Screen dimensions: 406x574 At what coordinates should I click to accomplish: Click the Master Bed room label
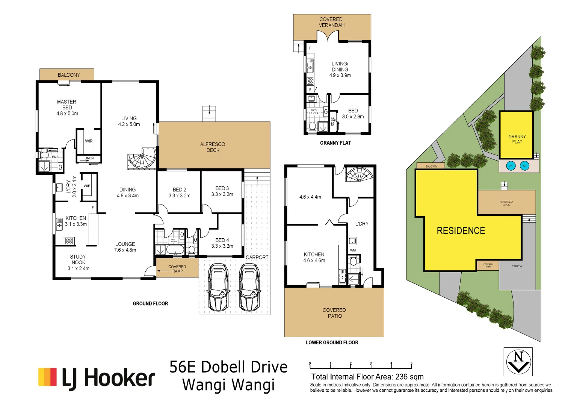pos(67,105)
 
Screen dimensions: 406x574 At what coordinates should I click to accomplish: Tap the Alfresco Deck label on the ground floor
pos(213,147)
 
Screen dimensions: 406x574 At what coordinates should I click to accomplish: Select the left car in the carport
pos(218,287)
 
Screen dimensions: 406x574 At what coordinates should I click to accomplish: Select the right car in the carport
pos(249,287)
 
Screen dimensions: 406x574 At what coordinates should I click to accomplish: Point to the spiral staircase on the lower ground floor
pos(359,175)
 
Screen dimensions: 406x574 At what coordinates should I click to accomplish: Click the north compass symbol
pos(518,362)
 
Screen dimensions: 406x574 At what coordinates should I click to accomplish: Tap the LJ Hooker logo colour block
pos(47,377)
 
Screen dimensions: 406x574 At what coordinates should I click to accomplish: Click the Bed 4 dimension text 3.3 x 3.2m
pos(222,246)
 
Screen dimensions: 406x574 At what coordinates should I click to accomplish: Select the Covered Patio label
pos(334,313)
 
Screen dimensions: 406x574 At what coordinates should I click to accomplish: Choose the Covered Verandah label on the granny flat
pos(331,22)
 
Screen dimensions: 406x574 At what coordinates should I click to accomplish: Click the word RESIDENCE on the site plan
pos(461,231)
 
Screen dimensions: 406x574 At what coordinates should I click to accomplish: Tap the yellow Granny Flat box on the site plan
pos(517,135)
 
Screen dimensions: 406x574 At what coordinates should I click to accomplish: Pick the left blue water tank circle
pos(511,166)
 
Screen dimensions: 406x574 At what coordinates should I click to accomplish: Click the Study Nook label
pos(78,259)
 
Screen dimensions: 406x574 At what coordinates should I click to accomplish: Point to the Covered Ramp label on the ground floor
pos(177,269)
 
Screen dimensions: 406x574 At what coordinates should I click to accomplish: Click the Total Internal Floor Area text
pos(367,377)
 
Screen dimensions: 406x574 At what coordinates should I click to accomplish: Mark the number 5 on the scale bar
pos(411,364)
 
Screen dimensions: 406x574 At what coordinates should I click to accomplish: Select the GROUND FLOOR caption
pos(150,303)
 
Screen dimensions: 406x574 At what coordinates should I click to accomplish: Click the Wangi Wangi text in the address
pos(228,385)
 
